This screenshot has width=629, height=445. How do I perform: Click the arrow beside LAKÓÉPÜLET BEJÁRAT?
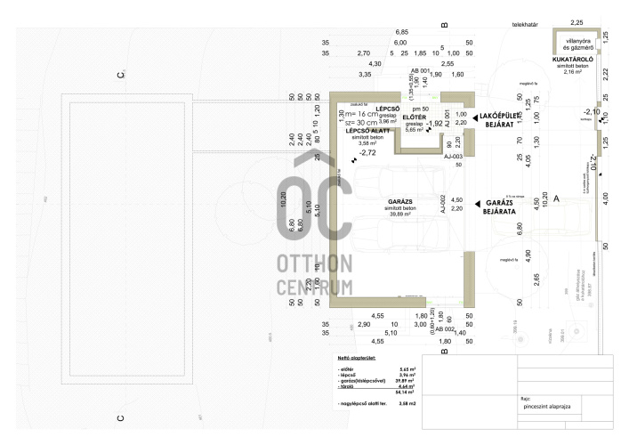[476, 117]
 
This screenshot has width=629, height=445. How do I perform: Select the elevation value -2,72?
[362, 153]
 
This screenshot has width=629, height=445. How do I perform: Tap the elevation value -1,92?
[435, 124]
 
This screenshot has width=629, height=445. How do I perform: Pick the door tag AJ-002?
[442, 206]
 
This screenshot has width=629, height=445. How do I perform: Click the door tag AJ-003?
[454, 157]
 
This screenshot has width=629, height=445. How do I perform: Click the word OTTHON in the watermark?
[314, 264]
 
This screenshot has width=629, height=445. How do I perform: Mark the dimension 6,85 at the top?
[402, 32]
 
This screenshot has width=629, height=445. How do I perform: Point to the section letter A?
[556, 199]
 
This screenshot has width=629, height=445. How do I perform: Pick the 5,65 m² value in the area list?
[407, 368]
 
